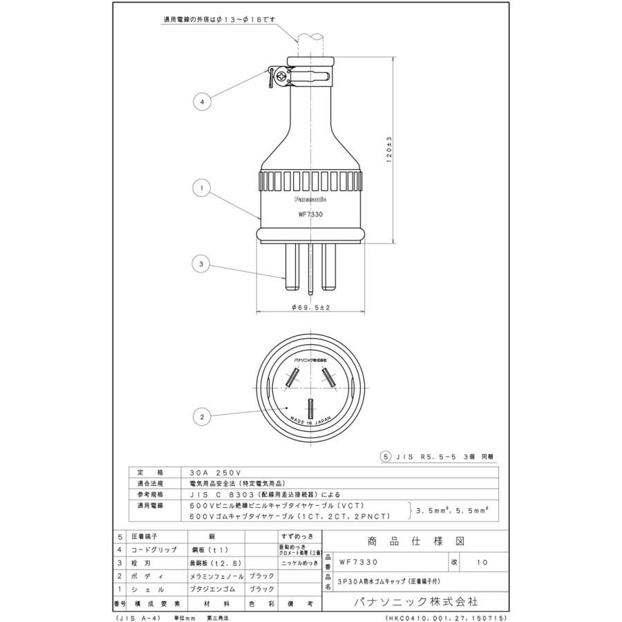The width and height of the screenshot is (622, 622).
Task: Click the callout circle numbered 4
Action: pos(202,102)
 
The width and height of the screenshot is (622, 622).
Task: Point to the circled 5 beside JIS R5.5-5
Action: pos(387,457)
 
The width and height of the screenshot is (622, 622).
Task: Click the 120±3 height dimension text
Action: pos(389,149)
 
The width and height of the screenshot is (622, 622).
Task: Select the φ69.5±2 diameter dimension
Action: pos(310,308)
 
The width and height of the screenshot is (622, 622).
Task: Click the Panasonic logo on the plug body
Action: pos(310,198)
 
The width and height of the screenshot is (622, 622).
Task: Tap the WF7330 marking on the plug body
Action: pos(310,214)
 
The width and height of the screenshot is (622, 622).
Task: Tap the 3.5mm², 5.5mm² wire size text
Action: pos(453,511)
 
